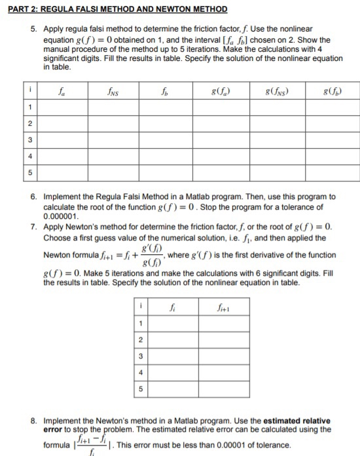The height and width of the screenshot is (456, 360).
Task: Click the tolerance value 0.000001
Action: pos(61,214)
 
